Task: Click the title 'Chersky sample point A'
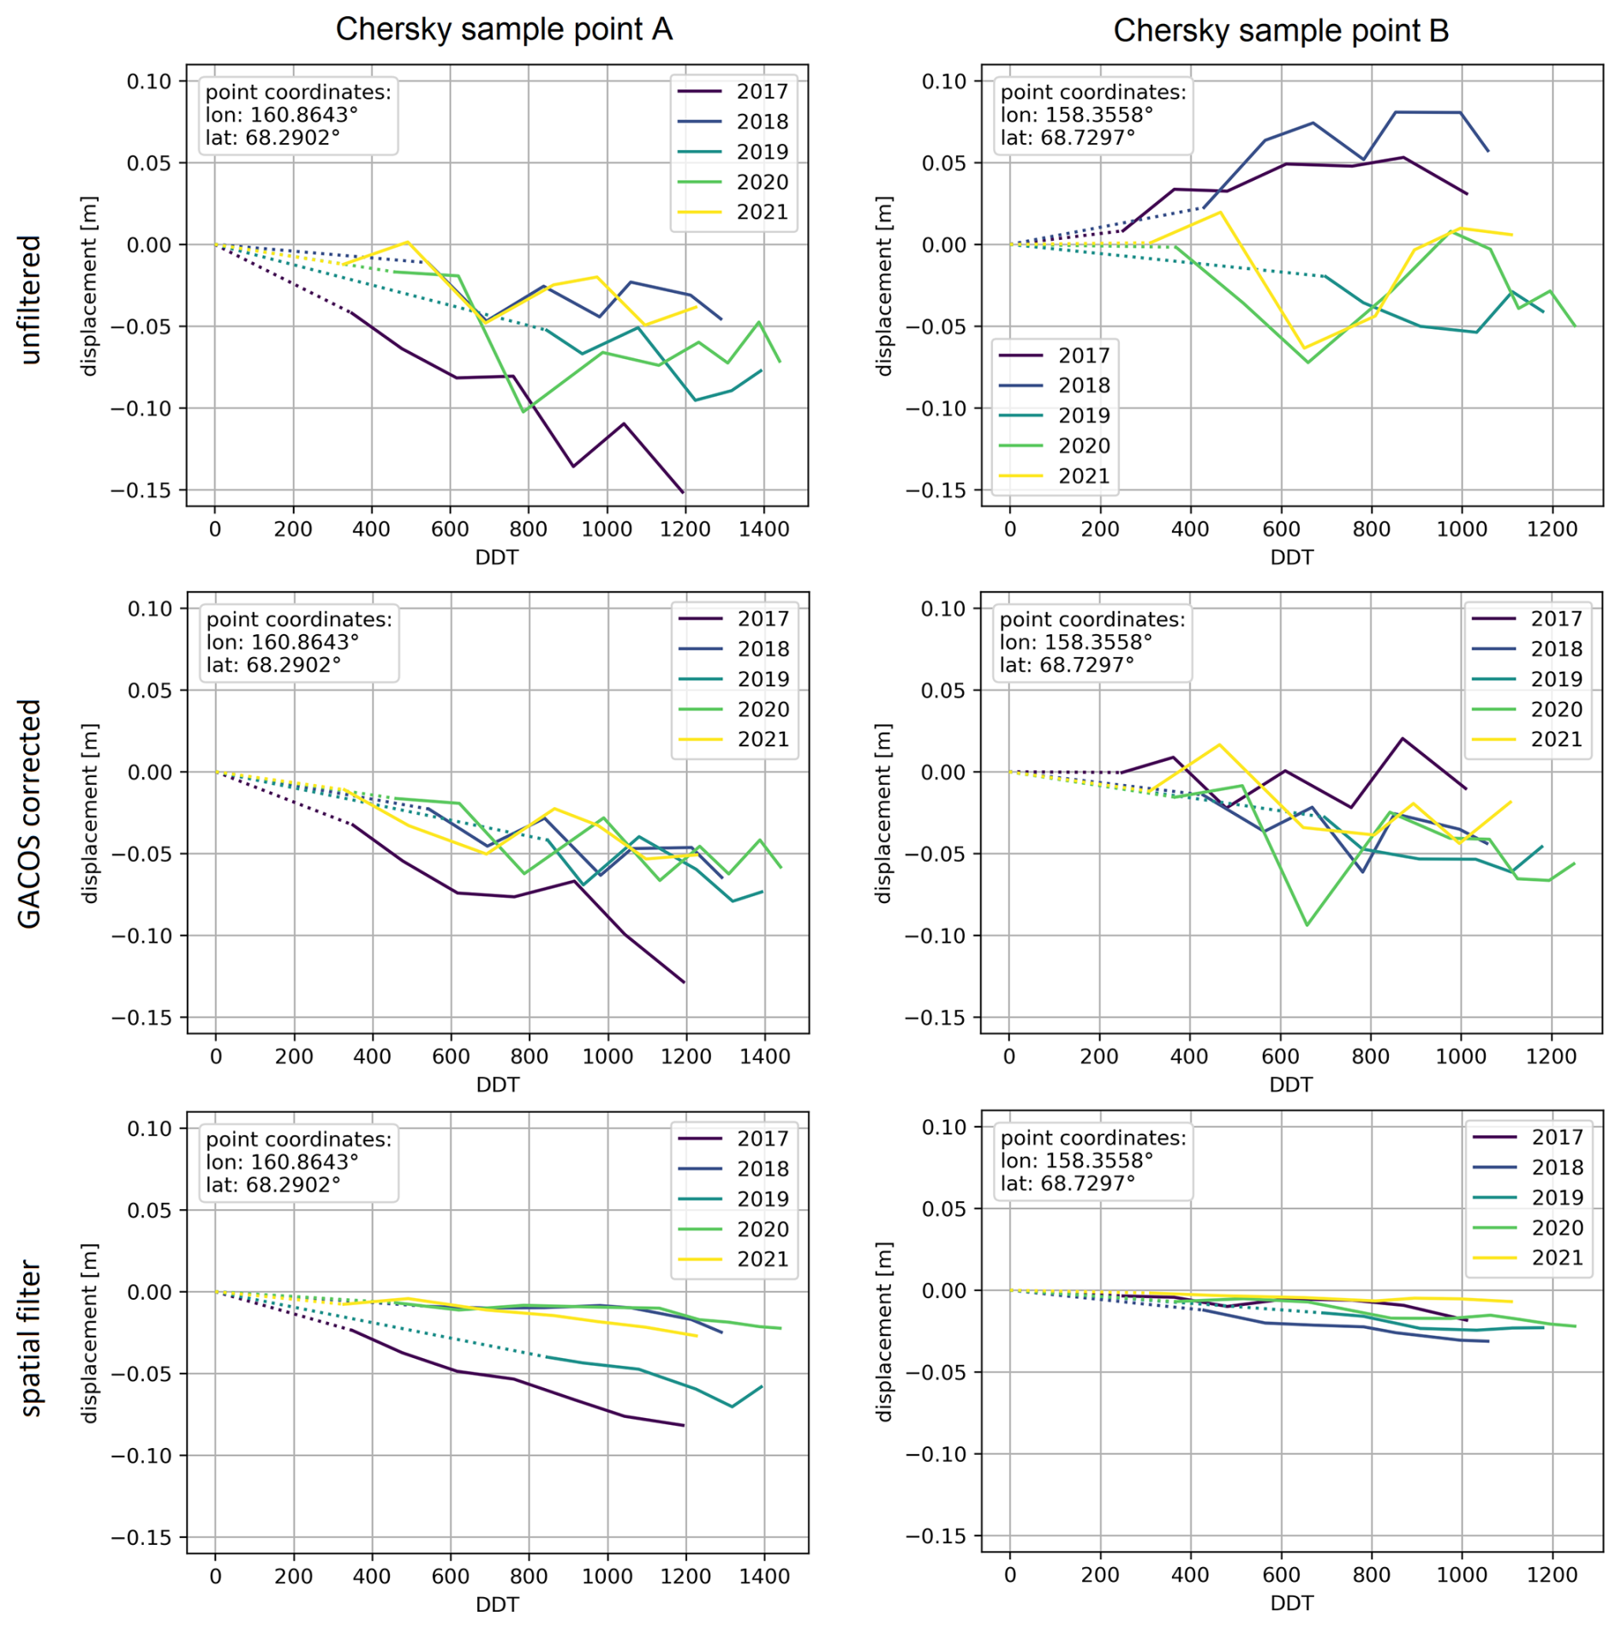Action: [504, 29]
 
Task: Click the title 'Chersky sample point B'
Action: [1281, 31]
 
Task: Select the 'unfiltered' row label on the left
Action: [30, 300]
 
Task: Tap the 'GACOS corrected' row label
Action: [30, 814]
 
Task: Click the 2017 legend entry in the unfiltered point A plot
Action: [761, 92]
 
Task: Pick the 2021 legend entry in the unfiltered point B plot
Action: [1083, 476]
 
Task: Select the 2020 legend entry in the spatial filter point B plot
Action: [1557, 1228]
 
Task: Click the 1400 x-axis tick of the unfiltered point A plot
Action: [764, 530]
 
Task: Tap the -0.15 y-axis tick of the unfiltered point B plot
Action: [937, 491]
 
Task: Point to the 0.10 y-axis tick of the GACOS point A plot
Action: [150, 609]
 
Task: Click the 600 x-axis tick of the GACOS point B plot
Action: [1280, 1056]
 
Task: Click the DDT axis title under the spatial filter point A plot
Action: [497, 1604]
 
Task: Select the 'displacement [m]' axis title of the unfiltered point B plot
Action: [883, 286]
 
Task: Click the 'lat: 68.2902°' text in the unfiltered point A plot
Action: [272, 138]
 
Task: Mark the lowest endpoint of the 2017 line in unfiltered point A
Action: [683, 493]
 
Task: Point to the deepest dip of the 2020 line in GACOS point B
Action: [1307, 925]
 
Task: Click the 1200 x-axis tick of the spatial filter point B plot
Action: [1552, 1575]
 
